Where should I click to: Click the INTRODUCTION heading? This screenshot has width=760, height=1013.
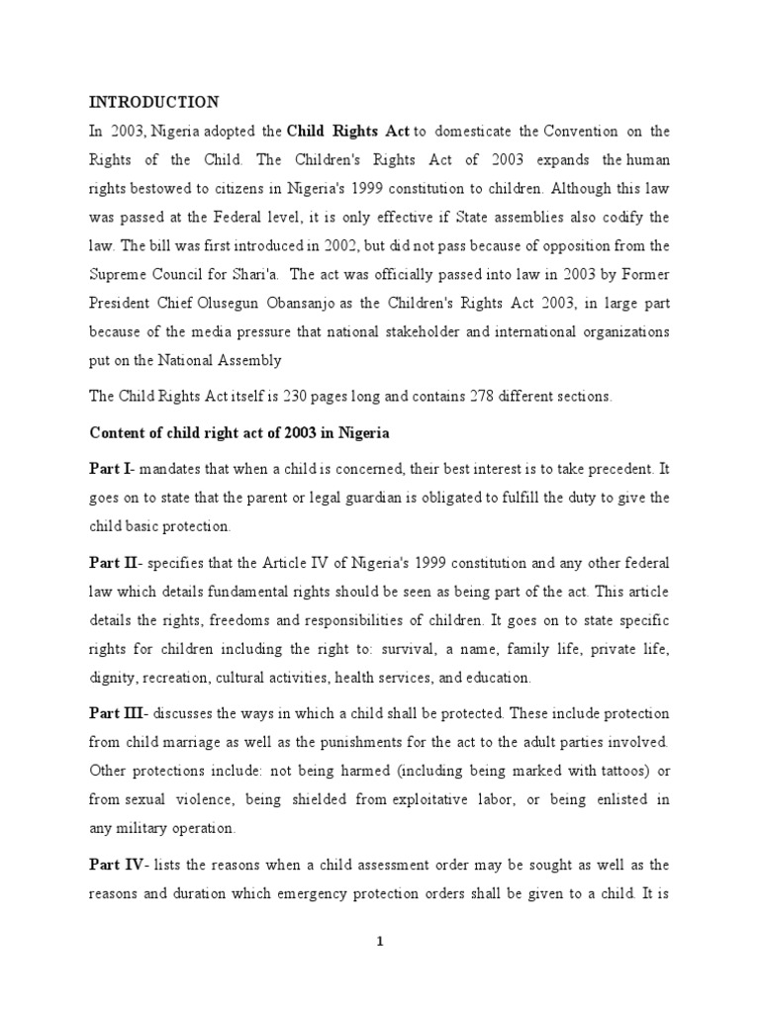[x=154, y=102]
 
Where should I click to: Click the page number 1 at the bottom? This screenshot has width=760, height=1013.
[x=380, y=942]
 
